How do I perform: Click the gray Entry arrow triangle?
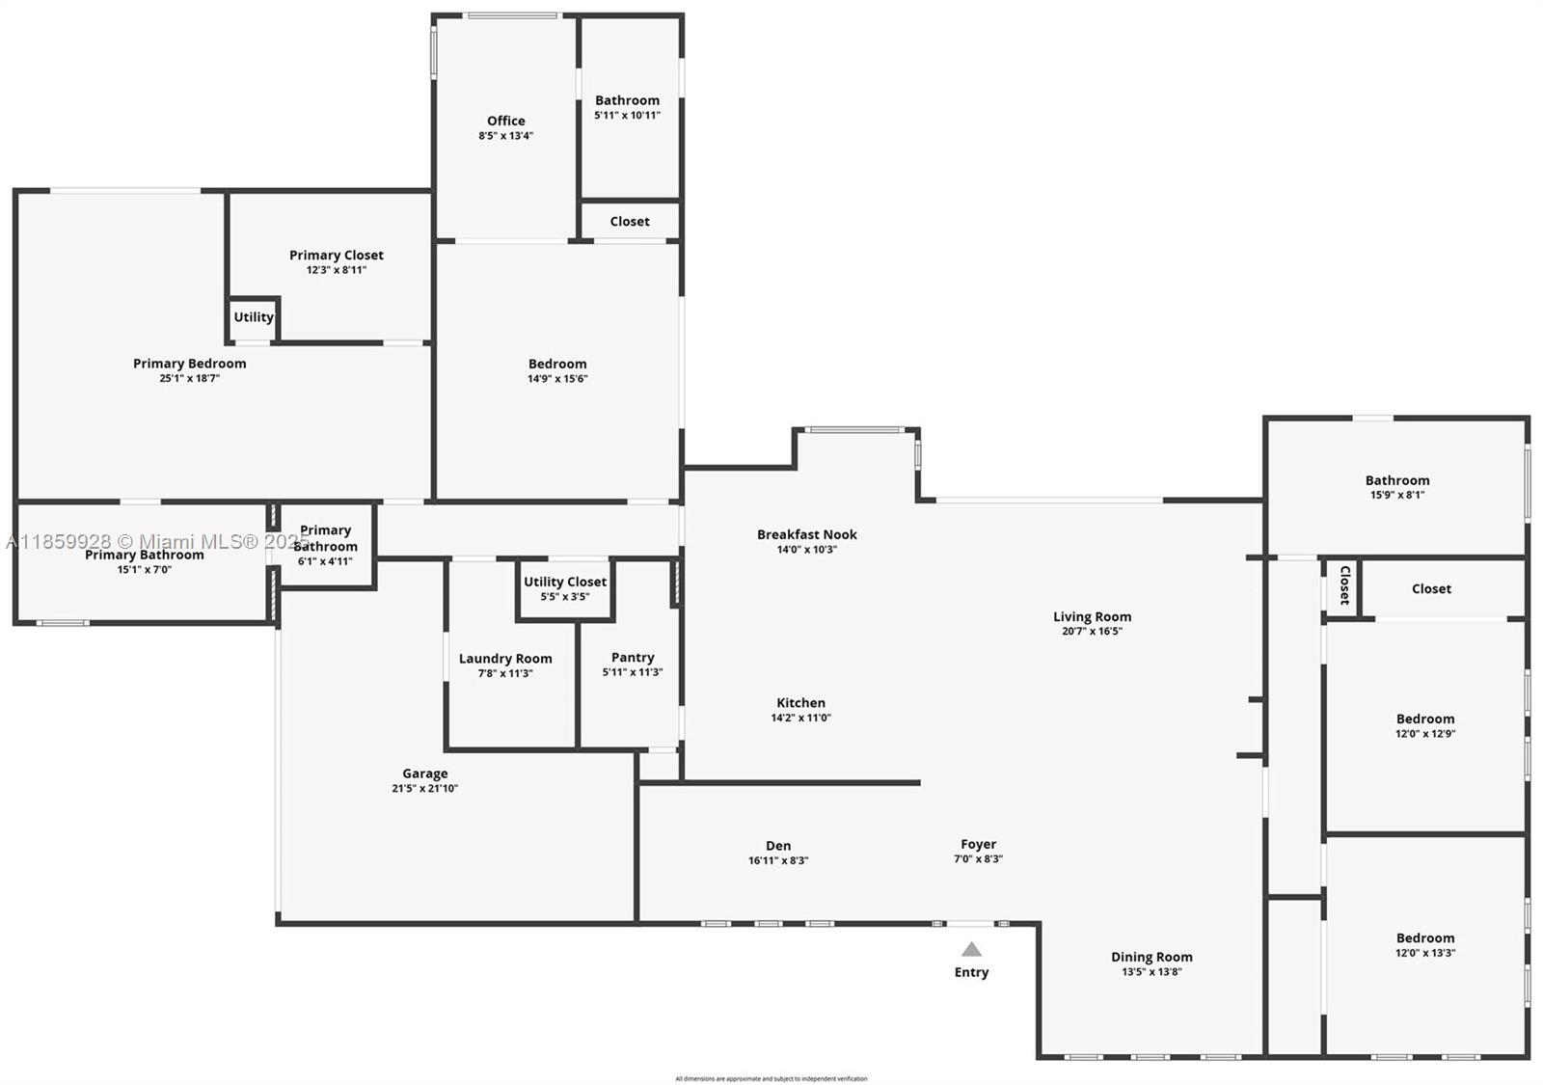[x=971, y=950]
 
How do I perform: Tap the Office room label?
[x=505, y=121]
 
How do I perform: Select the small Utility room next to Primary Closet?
[x=254, y=317]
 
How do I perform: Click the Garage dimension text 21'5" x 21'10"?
[x=424, y=789]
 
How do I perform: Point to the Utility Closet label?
[x=565, y=582]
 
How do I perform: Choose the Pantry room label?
[x=633, y=657]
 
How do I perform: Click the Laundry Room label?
[x=505, y=659]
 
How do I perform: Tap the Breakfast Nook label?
[x=806, y=534]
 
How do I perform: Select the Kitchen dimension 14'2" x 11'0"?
[x=800, y=718]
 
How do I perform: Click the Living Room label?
[x=1092, y=616]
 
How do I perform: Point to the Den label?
[x=778, y=846]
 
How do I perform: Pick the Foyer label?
[x=978, y=844]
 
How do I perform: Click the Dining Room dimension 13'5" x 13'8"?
[x=1151, y=972]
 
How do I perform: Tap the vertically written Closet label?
[x=1344, y=585]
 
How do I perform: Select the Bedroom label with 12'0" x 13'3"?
[x=1425, y=937]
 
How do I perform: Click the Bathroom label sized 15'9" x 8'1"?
[x=1397, y=480]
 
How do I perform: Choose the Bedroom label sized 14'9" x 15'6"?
[x=557, y=364]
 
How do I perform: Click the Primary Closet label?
[x=337, y=255]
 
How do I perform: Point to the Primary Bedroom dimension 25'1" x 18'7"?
[x=190, y=379]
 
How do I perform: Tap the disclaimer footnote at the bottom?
[x=771, y=1078]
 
